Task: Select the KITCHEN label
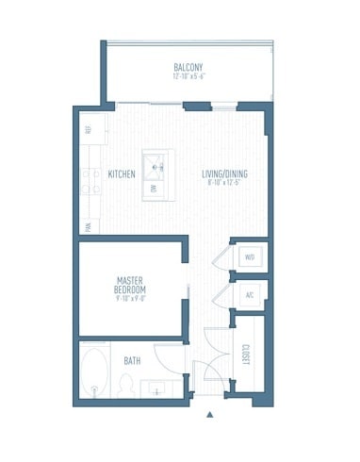[121, 174]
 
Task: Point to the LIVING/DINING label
[224, 174]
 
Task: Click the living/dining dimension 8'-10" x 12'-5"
[224, 183]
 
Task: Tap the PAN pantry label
[88, 226]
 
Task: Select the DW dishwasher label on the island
[152, 189]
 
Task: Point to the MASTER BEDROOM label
[129, 285]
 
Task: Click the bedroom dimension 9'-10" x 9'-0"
[129, 300]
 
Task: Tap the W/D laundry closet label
[250, 256]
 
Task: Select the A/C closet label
[250, 295]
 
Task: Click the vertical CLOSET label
[245, 356]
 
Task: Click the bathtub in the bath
[94, 372]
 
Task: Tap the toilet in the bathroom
[125, 386]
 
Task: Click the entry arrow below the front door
[210, 412]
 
